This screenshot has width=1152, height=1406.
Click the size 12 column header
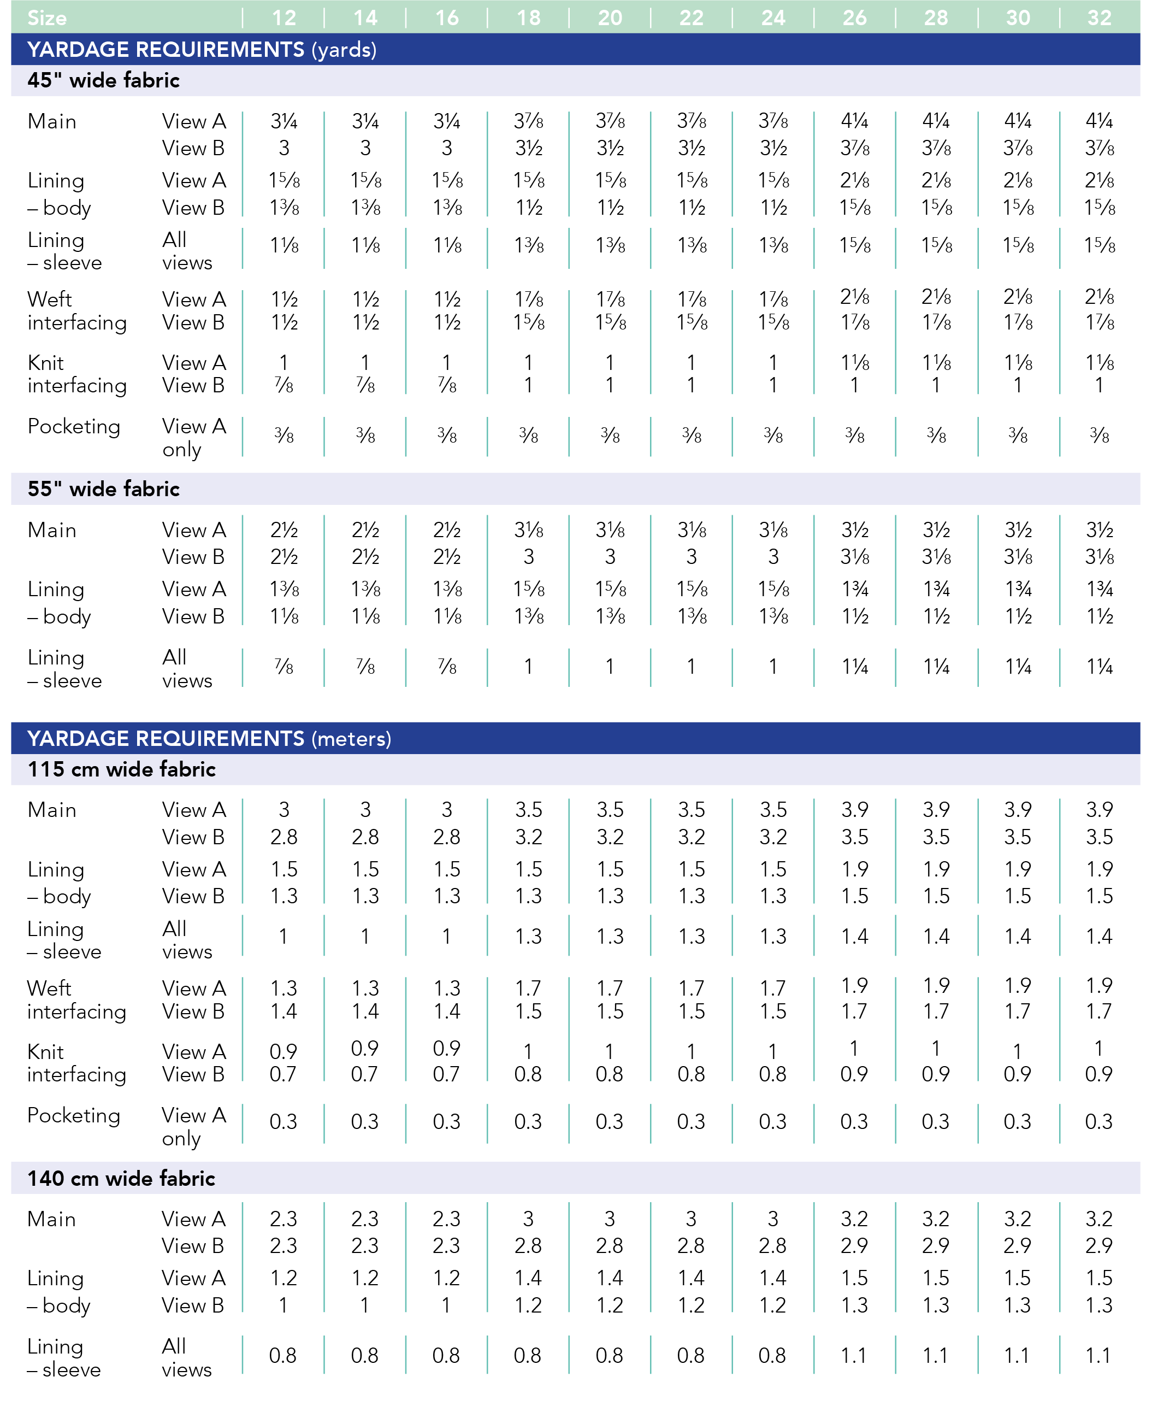click(284, 18)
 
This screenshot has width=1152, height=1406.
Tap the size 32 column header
click(1100, 18)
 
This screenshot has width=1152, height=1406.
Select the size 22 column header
click(692, 18)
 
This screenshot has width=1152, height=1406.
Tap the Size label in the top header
click(47, 18)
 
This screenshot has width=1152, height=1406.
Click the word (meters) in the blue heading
click(352, 739)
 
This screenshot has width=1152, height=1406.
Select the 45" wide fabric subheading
click(104, 80)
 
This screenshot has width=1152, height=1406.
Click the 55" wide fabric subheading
click(104, 489)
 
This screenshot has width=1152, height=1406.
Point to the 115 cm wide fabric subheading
click(121, 769)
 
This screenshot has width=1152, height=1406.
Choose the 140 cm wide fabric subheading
click(121, 1178)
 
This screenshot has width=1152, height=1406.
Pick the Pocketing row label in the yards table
click(74, 427)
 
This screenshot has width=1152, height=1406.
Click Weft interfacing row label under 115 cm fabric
click(76, 1000)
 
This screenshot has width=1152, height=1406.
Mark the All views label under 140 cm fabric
click(186, 1357)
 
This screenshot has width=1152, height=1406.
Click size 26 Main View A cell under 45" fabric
click(855, 121)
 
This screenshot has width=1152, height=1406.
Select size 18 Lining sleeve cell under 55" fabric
click(528, 667)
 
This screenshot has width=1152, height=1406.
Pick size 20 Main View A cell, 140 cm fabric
click(610, 1219)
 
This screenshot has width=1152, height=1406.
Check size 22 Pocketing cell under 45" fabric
click(692, 436)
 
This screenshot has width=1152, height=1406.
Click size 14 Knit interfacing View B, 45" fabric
click(365, 385)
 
